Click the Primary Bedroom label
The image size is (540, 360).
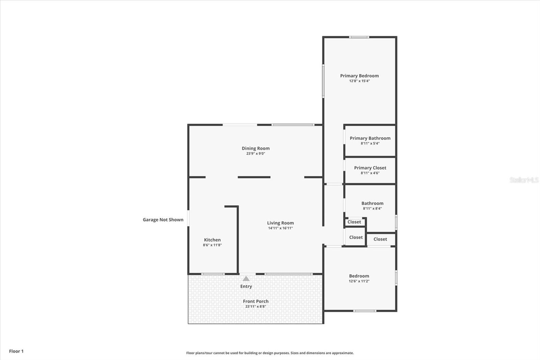[359, 76]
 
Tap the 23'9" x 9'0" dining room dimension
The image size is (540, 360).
[255, 154]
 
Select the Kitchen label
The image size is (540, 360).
[212, 240]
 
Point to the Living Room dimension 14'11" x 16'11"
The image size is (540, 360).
[280, 228]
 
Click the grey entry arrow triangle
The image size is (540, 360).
[246, 279]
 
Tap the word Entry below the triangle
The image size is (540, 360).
[246, 286]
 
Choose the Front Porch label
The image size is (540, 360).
[255, 301]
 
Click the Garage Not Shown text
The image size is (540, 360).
[163, 220]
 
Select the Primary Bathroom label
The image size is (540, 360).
[370, 138]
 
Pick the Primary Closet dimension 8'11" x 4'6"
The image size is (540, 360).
[370, 173]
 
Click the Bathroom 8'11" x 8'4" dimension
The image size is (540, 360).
[372, 209]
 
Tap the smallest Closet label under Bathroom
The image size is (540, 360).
[354, 222]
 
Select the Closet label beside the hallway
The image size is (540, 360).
[356, 237]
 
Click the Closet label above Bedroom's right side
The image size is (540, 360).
[380, 239]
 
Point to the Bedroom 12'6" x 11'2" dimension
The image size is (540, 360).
[359, 281]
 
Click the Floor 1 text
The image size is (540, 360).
[16, 351]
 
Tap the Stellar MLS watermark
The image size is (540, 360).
[524, 180]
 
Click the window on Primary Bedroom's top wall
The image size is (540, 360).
[359, 37]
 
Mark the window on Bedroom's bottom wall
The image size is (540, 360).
[364, 311]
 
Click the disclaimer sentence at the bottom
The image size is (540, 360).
[270, 353]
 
